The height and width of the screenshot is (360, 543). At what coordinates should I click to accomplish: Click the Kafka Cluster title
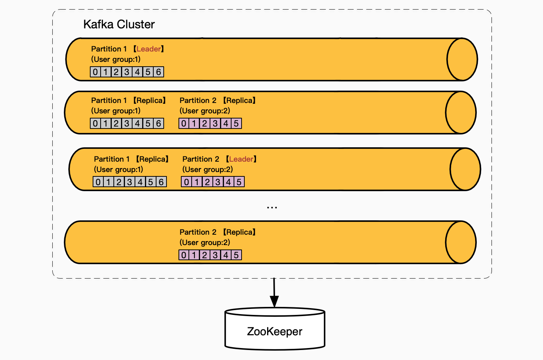point(119,24)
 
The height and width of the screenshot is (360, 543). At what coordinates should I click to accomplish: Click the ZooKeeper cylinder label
point(275,332)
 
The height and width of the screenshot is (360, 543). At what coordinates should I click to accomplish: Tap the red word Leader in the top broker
point(149,49)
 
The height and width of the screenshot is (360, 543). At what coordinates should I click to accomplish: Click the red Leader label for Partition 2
point(241,159)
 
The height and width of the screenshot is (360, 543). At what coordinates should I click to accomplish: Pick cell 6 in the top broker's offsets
point(159,72)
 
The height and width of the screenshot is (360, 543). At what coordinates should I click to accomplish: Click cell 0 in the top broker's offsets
point(95,72)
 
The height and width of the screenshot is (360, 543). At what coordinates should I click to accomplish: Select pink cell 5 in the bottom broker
point(236,255)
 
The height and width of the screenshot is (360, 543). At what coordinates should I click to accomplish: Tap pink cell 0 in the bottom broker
point(184,255)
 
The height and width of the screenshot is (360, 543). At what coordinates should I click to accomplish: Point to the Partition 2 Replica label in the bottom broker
point(218,232)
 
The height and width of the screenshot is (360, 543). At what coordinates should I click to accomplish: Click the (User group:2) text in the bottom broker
point(205,243)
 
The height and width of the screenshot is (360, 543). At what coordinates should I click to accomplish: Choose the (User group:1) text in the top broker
point(116,59)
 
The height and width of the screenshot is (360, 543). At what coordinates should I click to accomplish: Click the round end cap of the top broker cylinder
point(462,59)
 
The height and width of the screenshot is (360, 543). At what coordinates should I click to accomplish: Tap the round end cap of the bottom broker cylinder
point(460,242)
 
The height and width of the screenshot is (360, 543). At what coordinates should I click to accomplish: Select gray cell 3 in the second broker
point(127,123)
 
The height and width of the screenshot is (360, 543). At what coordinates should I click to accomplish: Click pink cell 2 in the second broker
point(204,123)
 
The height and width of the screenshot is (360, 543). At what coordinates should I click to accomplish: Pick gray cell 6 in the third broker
point(161,182)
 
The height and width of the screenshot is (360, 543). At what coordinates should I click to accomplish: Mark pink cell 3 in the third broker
point(218,182)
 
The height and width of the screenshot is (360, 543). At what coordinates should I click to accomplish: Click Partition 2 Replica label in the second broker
point(218,101)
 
